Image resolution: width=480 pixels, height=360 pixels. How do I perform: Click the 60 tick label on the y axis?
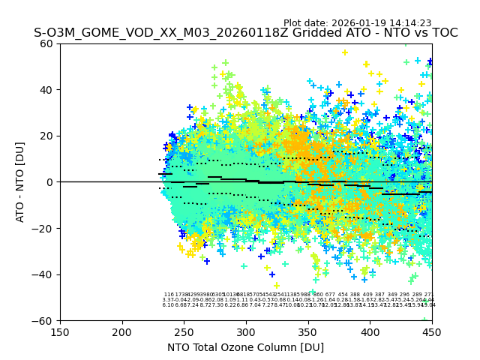point(46,43)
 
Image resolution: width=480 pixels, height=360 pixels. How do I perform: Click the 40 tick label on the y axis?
point(46,90)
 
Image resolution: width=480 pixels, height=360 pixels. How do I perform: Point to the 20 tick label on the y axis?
point(46,136)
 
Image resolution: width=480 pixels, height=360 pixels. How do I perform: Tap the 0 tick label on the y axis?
point(49,182)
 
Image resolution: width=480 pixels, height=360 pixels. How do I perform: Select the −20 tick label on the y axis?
point(43,229)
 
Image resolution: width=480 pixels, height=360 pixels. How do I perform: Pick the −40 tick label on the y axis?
point(43,274)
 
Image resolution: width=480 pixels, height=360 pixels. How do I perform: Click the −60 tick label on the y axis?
point(43,321)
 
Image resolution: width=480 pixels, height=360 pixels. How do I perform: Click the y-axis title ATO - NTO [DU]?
point(20,182)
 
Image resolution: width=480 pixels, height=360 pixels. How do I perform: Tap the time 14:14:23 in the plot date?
point(409,23)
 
